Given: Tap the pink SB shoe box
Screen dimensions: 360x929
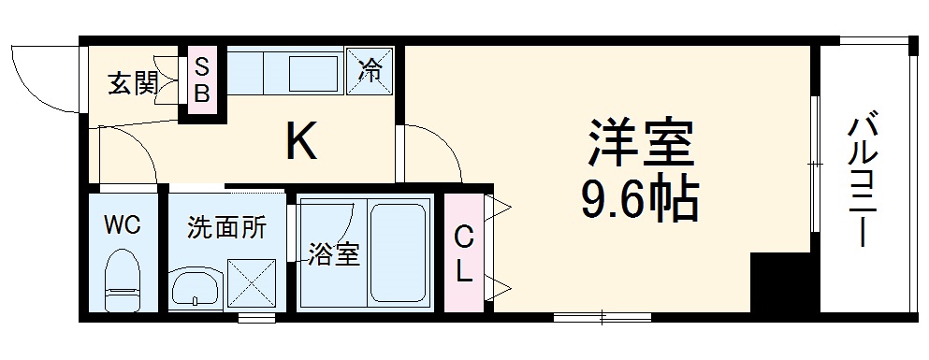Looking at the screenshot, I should click(x=203, y=79).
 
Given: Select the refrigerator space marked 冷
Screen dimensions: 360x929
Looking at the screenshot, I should click(x=371, y=71).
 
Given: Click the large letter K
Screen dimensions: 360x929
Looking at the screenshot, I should click(x=301, y=141).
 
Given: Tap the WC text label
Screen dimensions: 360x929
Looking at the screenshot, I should click(x=123, y=225).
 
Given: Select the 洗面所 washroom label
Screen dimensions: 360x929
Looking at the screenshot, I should click(x=226, y=227).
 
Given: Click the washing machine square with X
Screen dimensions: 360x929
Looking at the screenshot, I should click(x=253, y=287).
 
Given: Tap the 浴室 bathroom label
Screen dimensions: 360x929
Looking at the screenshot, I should click(x=335, y=253).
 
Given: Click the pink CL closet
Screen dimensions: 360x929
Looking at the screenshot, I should click(x=464, y=252).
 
